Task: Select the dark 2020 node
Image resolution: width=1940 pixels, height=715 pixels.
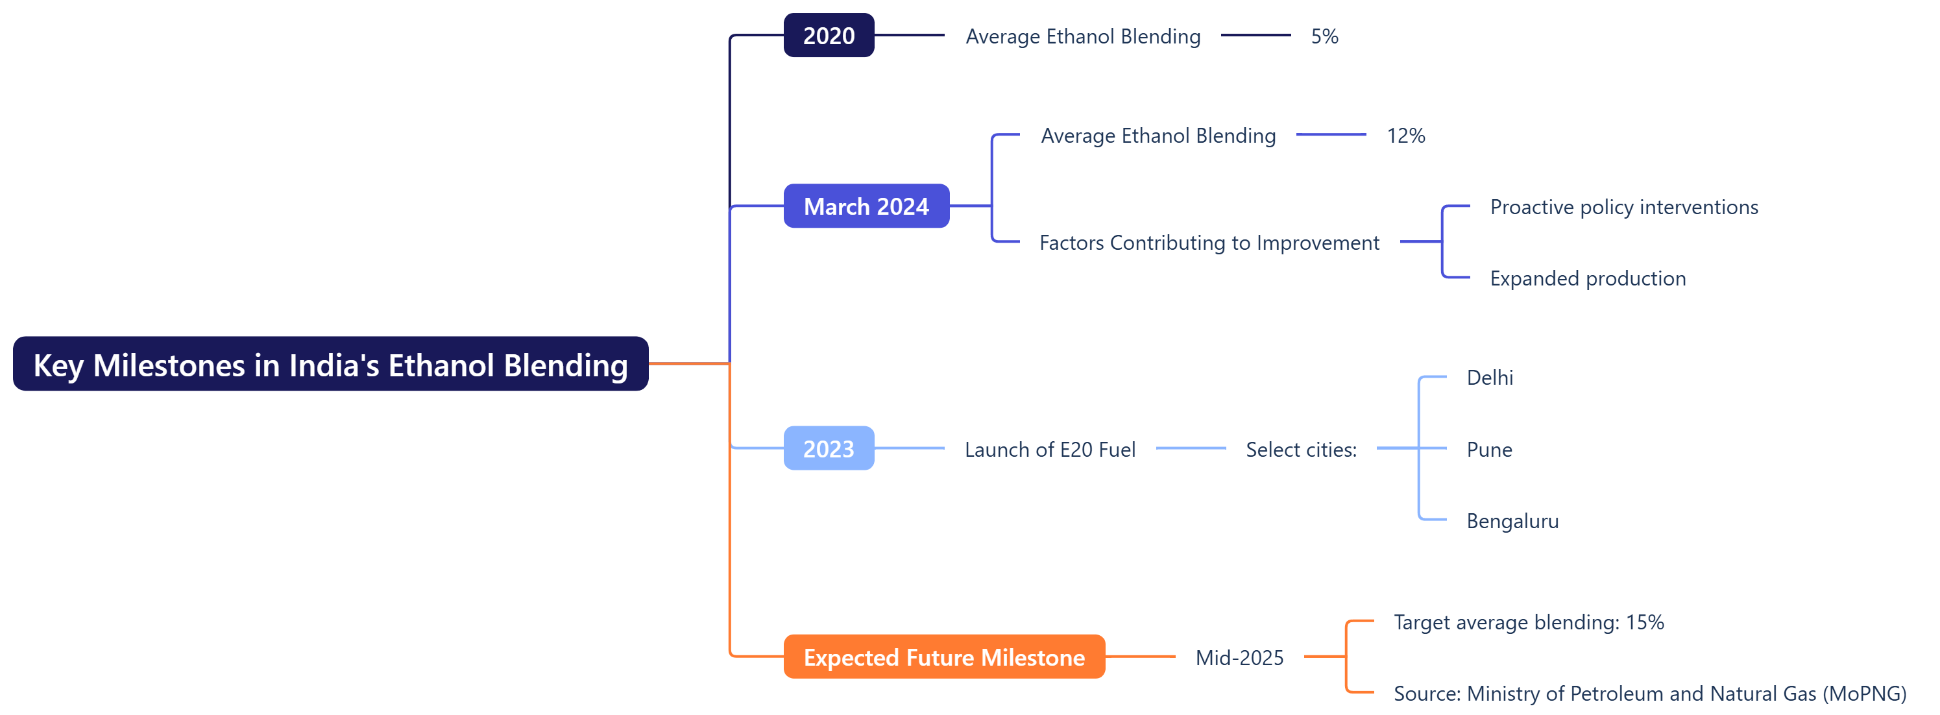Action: pyautogui.click(x=829, y=36)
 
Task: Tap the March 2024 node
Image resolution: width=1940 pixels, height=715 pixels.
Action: pyautogui.click(x=866, y=206)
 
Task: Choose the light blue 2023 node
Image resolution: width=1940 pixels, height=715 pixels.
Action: pyautogui.click(x=829, y=448)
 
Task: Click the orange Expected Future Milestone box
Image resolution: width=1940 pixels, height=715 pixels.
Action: pyautogui.click(x=943, y=657)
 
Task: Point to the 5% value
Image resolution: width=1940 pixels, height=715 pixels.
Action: pyautogui.click(x=1324, y=36)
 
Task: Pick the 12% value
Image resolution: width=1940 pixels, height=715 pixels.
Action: pyautogui.click(x=1405, y=136)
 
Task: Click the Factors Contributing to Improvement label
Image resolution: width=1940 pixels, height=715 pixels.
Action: pyautogui.click(x=1209, y=243)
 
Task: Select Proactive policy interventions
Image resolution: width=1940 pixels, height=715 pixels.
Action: pyautogui.click(x=1623, y=207)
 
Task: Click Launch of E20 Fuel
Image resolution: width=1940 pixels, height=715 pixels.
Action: pyautogui.click(x=1050, y=450)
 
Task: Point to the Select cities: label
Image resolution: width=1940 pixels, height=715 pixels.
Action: pyautogui.click(x=1301, y=450)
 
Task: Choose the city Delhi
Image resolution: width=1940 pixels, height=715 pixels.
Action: pyautogui.click(x=1490, y=378)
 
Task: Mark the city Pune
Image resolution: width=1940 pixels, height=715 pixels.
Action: pyautogui.click(x=1489, y=450)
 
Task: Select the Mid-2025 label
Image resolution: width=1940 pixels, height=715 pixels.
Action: pyautogui.click(x=1239, y=658)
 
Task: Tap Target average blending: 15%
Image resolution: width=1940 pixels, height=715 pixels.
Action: pyautogui.click(x=1528, y=622)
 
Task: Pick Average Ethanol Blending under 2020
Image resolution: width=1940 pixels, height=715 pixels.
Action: pyautogui.click(x=1082, y=36)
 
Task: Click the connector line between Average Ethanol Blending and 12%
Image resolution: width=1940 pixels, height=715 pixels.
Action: pyautogui.click(x=1331, y=135)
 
